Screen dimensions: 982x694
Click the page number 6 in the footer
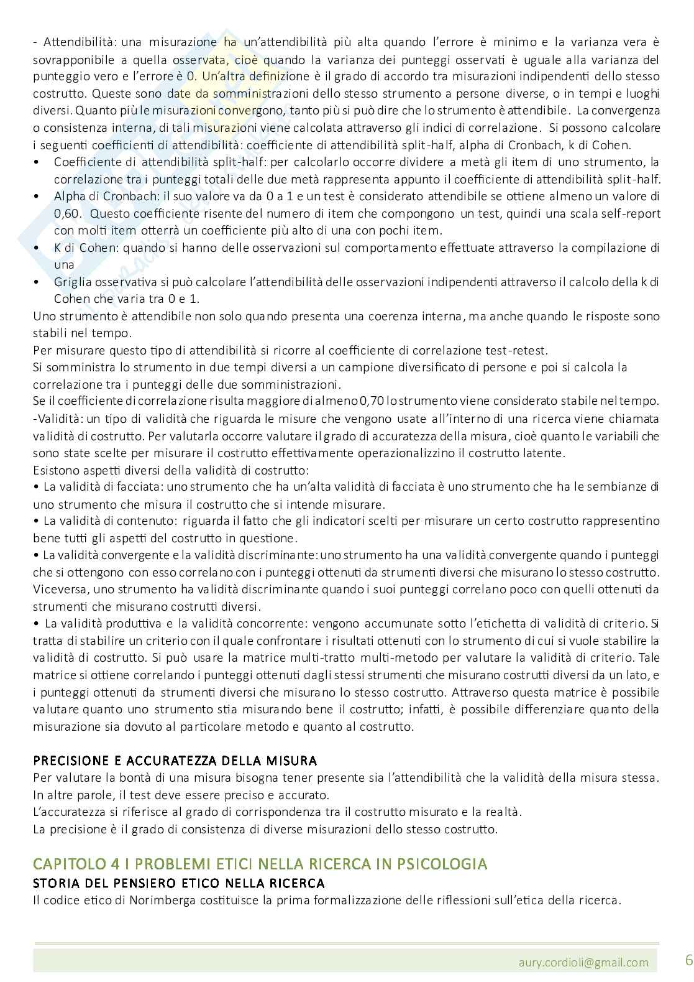688,960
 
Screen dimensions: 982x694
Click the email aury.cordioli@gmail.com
583,962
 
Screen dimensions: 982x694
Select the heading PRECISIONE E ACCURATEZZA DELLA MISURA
175,761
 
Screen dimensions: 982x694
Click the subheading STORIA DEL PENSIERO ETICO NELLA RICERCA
178,883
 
